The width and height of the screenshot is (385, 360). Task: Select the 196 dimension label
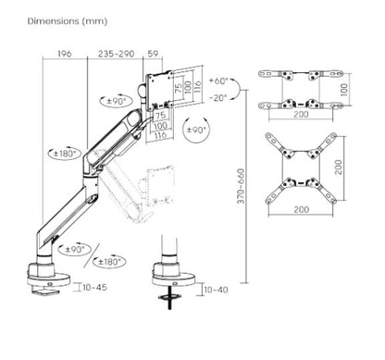pos(64,54)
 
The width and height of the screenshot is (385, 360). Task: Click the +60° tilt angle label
pos(219,80)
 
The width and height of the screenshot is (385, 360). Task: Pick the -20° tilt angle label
pos(219,97)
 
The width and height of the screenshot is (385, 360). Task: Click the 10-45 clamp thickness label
pos(94,288)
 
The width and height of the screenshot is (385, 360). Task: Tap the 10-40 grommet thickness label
pos(215,290)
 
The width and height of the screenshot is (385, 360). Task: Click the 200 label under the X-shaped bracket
pos(301,211)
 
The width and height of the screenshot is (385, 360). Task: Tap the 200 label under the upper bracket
pos(301,117)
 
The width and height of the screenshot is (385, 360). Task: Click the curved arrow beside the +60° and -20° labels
pos(236,89)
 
